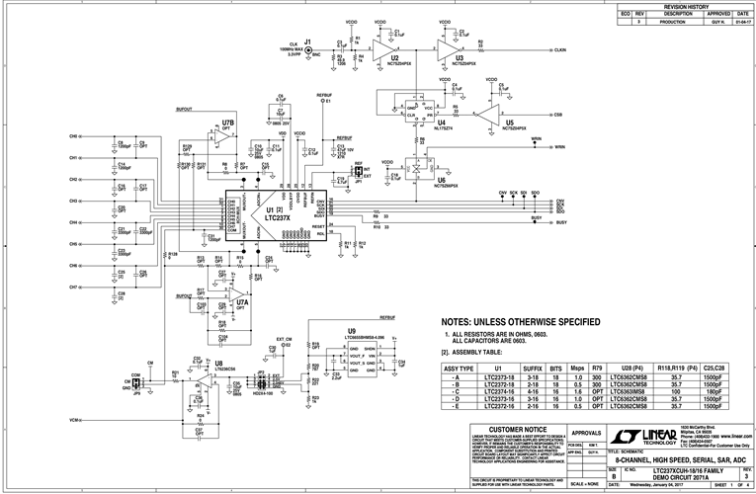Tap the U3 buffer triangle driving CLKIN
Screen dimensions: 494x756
tap(448, 48)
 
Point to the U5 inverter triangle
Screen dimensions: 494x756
tap(488, 114)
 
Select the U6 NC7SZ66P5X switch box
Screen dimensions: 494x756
tap(414, 169)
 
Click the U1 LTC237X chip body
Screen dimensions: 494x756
tap(270, 211)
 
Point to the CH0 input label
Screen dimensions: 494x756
tap(73, 135)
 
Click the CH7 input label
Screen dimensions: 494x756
tap(73, 287)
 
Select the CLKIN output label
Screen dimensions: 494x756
tap(559, 49)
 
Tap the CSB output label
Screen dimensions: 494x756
tap(559, 115)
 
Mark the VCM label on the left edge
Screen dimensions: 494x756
tap(74, 421)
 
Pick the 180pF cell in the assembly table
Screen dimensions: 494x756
tap(716, 391)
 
